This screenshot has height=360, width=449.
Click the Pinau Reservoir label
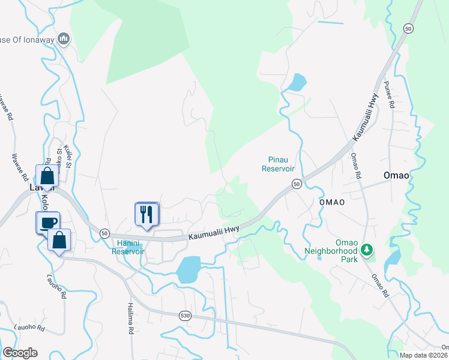278,164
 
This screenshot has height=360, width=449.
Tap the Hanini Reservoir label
127,247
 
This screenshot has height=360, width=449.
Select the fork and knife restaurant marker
147,215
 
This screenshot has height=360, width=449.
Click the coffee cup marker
48,223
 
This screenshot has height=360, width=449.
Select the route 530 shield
185,315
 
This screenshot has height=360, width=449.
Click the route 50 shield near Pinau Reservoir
297,184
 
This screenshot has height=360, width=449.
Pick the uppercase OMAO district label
331,202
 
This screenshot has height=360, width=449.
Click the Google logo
20,353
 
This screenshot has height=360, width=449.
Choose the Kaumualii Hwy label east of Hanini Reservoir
214,233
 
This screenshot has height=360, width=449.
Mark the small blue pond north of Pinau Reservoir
297,82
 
